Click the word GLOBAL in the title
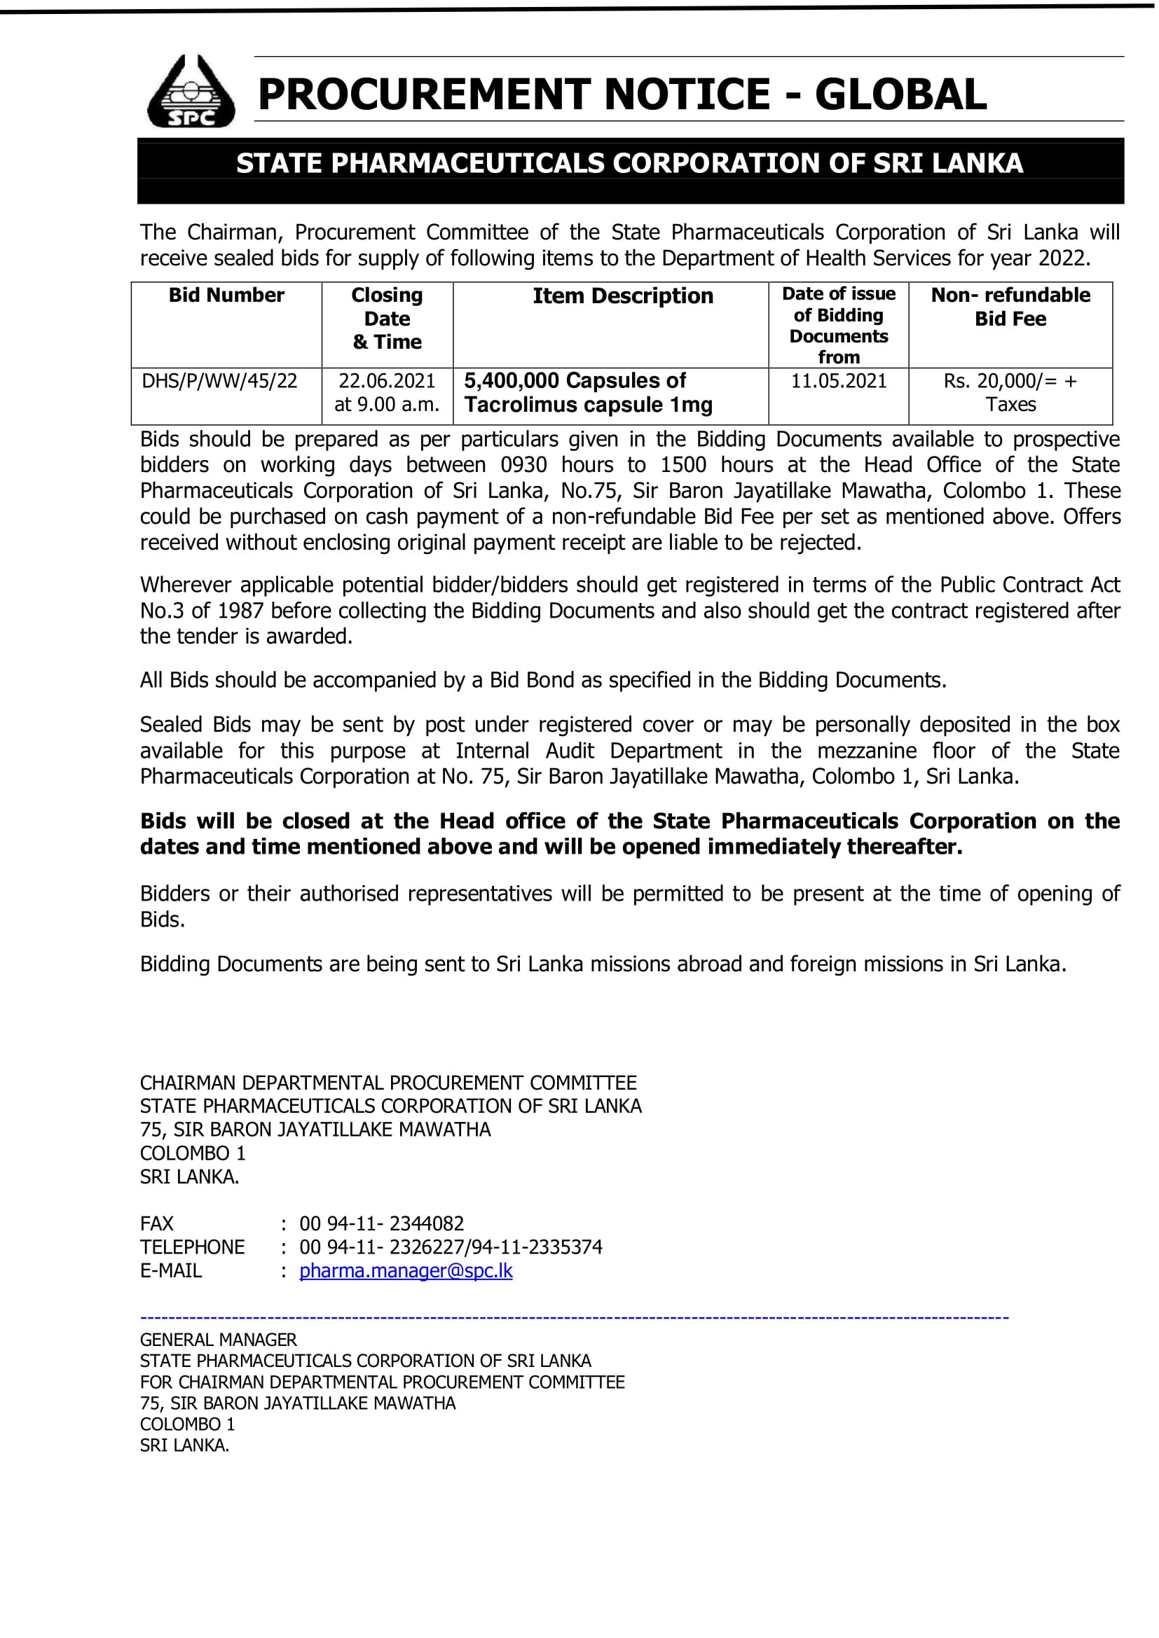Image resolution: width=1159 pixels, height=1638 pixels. point(900,95)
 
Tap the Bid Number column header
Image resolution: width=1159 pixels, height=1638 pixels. point(226,296)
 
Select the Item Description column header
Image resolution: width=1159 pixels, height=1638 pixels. point(622,296)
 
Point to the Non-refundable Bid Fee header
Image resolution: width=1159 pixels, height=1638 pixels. point(1010,307)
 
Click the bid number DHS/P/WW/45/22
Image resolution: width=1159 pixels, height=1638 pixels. point(219,381)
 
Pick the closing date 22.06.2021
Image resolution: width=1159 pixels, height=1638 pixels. point(387,381)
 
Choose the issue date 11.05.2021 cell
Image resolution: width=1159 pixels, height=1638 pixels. point(839,381)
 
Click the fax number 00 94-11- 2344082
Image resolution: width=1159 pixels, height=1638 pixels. point(381,1223)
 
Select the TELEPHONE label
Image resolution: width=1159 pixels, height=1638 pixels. point(192,1247)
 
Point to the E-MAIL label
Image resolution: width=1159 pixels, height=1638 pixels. point(170,1270)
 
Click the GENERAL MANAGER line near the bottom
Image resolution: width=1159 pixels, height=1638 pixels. point(219,1340)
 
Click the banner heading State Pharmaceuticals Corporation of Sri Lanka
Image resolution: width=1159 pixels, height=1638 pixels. point(629,163)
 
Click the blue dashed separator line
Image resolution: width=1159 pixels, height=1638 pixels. point(574,1318)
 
